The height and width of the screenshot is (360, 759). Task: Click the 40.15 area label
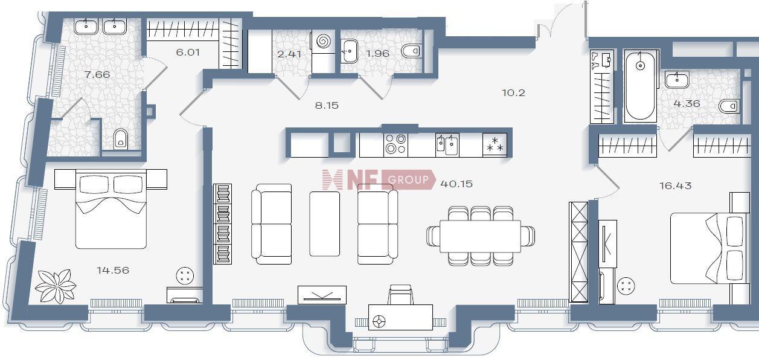pos(456,184)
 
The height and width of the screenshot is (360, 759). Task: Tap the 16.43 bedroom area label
pos(675,186)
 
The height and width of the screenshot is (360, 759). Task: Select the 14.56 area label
pos(113,270)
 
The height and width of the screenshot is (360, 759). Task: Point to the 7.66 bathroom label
pos(97,74)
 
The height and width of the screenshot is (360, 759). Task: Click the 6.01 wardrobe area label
pos(188,52)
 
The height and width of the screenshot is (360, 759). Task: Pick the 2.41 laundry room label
pos(289,54)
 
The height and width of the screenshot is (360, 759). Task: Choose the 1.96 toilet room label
pos(378,54)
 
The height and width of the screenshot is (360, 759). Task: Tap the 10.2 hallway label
pos(513,92)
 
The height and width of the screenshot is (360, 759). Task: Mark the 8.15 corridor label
pos(327,106)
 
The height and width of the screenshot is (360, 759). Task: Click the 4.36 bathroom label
pos(687,103)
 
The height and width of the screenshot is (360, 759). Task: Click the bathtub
pos(639,86)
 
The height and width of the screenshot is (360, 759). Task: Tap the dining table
pos(480,236)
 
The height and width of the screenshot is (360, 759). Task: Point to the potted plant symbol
pos(55,286)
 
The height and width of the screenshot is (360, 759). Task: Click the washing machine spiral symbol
pos(323,42)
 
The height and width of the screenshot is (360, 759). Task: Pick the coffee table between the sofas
pos(324,223)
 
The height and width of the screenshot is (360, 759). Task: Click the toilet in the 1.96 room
pos(411,51)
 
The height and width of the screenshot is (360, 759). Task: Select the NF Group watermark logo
pos(379,179)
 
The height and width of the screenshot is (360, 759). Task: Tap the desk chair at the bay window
pos(400,295)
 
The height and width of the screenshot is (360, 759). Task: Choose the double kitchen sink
pos(447,145)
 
